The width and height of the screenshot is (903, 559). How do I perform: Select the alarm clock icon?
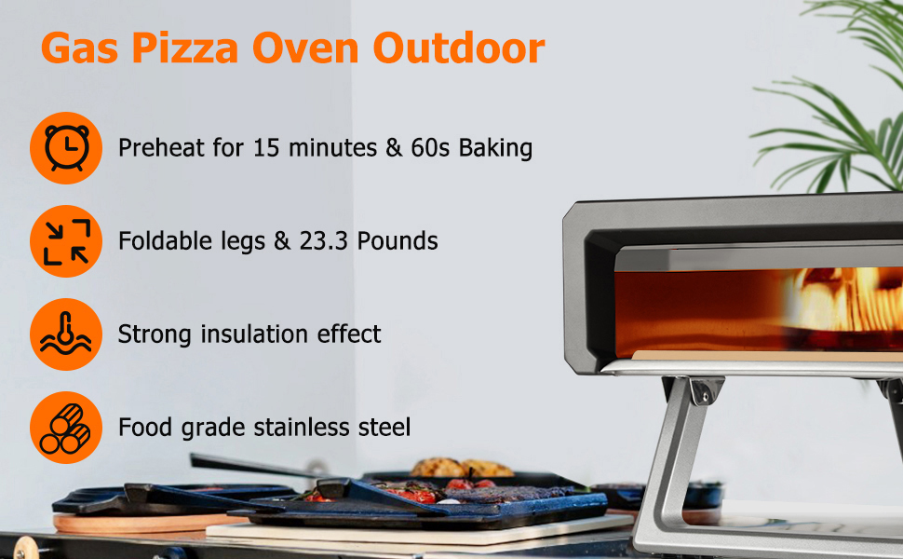click(x=66, y=148)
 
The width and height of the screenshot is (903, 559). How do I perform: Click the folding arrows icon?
click(x=66, y=241)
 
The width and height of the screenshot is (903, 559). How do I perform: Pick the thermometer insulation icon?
click(x=66, y=334)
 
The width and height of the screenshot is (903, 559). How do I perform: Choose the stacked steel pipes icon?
click(x=66, y=428)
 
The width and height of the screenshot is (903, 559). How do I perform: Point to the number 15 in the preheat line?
click(x=265, y=148)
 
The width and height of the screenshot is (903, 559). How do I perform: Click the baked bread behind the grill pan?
click(x=461, y=468)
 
